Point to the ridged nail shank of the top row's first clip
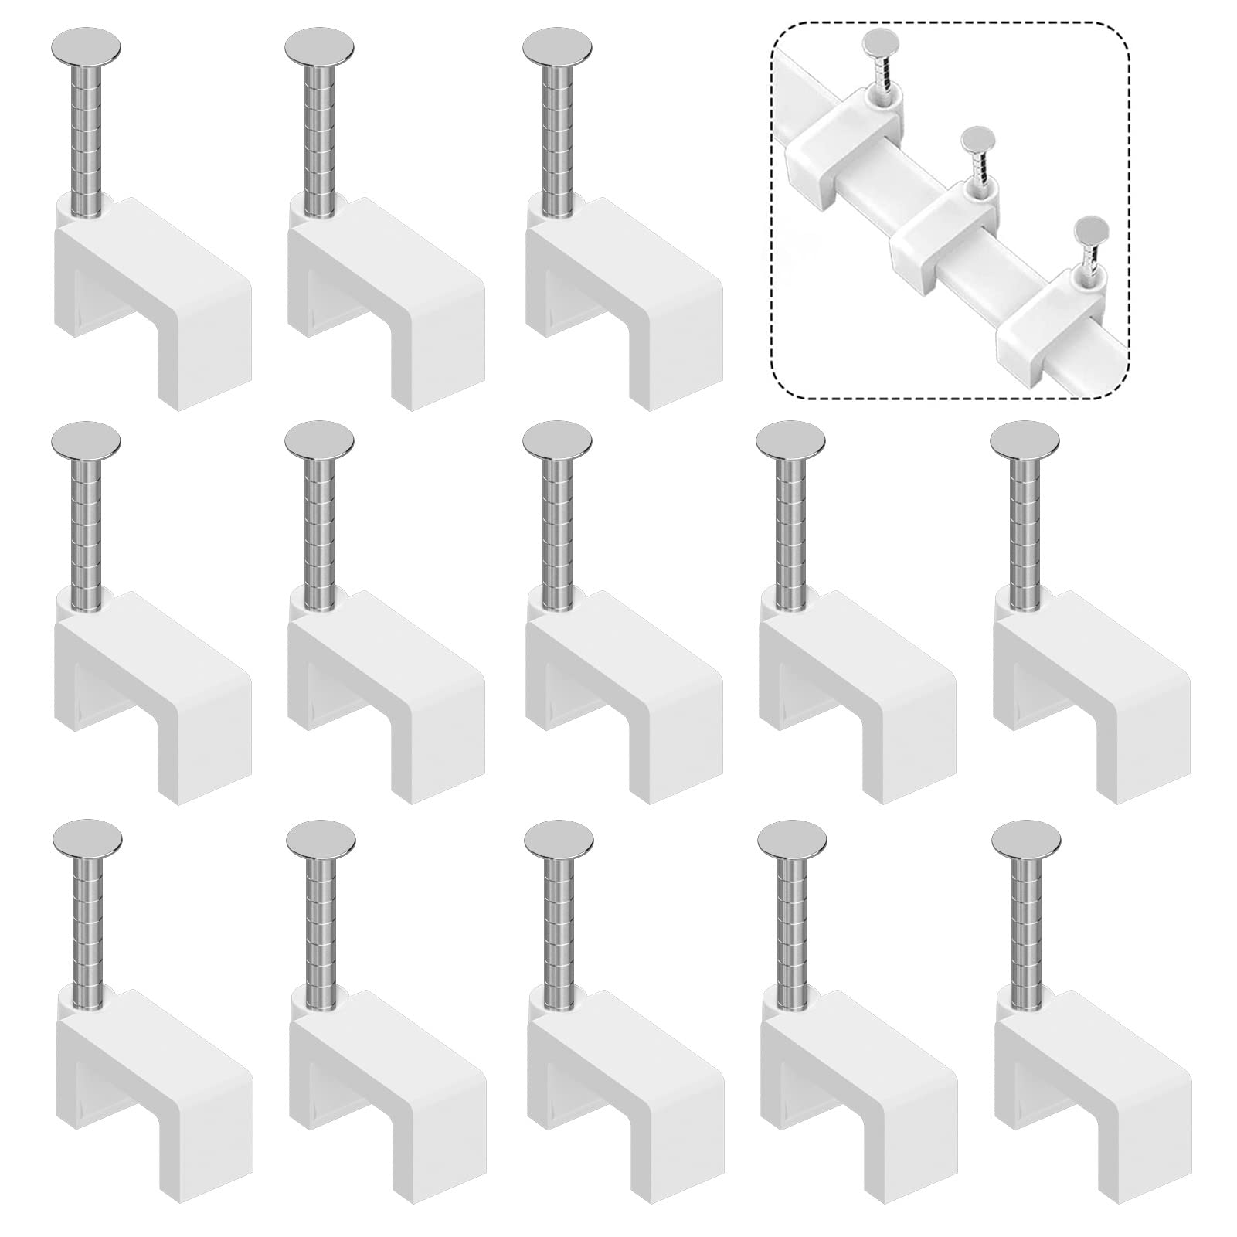pos(87,139)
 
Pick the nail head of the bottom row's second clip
pos(320,838)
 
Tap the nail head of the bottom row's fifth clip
pos(1026,838)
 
